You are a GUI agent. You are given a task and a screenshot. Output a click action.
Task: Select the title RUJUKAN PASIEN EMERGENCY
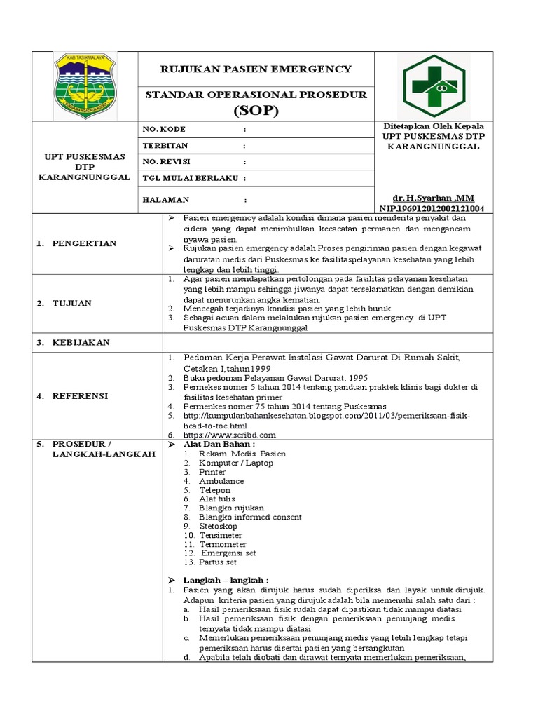tap(256, 69)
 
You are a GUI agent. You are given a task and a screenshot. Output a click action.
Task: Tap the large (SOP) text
tap(256, 110)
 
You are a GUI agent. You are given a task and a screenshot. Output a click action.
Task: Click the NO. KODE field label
tap(164, 130)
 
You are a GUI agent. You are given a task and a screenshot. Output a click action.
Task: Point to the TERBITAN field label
tap(165, 146)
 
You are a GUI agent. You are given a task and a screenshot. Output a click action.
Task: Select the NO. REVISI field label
tap(167, 162)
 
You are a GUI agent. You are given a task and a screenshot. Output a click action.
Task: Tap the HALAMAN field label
tap(166, 199)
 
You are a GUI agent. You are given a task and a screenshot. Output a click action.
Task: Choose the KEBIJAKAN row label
tap(81, 342)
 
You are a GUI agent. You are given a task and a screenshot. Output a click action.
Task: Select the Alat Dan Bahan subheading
tap(219, 445)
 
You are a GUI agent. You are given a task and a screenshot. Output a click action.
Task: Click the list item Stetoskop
tap(218, 526)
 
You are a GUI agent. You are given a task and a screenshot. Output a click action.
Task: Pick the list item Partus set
tap(217, 562)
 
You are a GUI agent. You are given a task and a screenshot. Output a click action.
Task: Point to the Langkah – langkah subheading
tap(226, 581)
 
